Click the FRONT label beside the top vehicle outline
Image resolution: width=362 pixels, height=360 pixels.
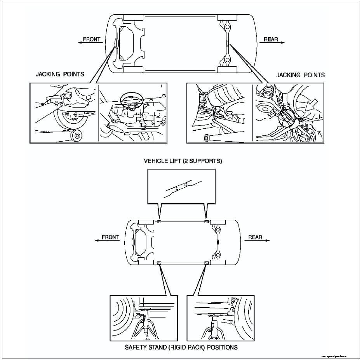tap(92, 40)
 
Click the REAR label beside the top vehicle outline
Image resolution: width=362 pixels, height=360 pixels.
tap(271, 40)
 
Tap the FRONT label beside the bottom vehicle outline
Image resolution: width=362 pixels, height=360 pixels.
tap(110, 237)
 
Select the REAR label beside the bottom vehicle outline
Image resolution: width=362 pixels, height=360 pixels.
tap(255, 237)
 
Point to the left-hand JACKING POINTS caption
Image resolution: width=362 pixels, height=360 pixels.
tap(60, 74)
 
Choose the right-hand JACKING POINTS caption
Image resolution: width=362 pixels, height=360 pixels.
tap(301, 75)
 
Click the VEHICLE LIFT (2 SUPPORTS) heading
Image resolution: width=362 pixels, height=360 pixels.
tap(183, 161)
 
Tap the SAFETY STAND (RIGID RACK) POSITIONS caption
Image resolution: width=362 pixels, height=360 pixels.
tap(181, 347)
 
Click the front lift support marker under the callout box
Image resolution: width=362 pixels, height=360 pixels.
tap(159, 222)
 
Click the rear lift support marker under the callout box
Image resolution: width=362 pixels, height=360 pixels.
tap(207, 222)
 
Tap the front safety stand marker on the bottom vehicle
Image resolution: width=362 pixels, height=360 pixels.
tap(159, 263)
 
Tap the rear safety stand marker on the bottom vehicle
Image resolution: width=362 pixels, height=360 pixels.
tap(207, 263)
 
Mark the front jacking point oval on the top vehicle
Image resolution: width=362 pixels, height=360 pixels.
tap(115, 43)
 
